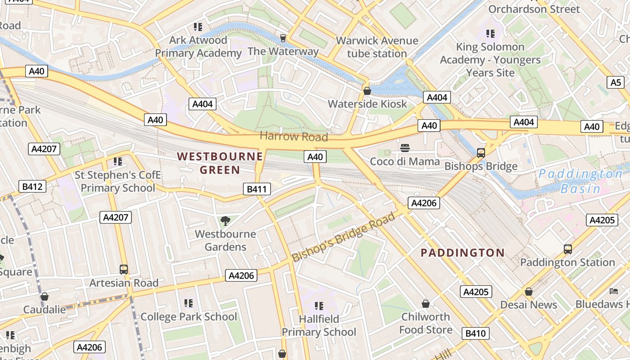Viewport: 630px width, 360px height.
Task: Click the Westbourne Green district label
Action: click(x=220, y=163)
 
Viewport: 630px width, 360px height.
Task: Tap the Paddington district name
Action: click(x=463, y=253)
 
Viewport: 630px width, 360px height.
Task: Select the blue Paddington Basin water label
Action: click(x=580, y=181)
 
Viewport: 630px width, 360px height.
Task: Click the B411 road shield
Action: click(x=257, y=189)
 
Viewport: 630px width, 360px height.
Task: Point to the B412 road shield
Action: click(x=33, y=186)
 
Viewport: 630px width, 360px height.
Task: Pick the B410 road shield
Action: click(x=476, y=333)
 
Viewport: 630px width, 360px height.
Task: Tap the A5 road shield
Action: click(x=616, y=82)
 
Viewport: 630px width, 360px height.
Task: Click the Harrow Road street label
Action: click(x=293, y=136)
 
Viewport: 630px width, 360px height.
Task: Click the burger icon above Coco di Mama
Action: click(x=405, y=148)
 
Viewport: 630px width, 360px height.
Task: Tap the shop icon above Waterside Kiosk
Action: click(x=367, y=91)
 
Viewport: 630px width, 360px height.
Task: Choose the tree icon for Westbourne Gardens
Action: click(x=225, y=220)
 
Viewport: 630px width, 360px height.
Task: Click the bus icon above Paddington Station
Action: click(x=567, y=249)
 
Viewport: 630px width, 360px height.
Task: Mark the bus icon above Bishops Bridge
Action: click(x=481, y=153)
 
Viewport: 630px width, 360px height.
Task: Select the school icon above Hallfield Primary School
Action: click(x=319, y=306)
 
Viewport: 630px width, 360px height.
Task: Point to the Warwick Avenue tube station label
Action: click(x=377, y=47)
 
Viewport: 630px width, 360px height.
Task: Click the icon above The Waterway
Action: click(x=283, y=38)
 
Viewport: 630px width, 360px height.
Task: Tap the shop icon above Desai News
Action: click(x=528, y=292)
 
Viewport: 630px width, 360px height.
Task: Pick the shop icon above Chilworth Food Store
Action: click(x=426, y=304)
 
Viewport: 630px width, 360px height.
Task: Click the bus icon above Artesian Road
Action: click(x=124, y=270)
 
